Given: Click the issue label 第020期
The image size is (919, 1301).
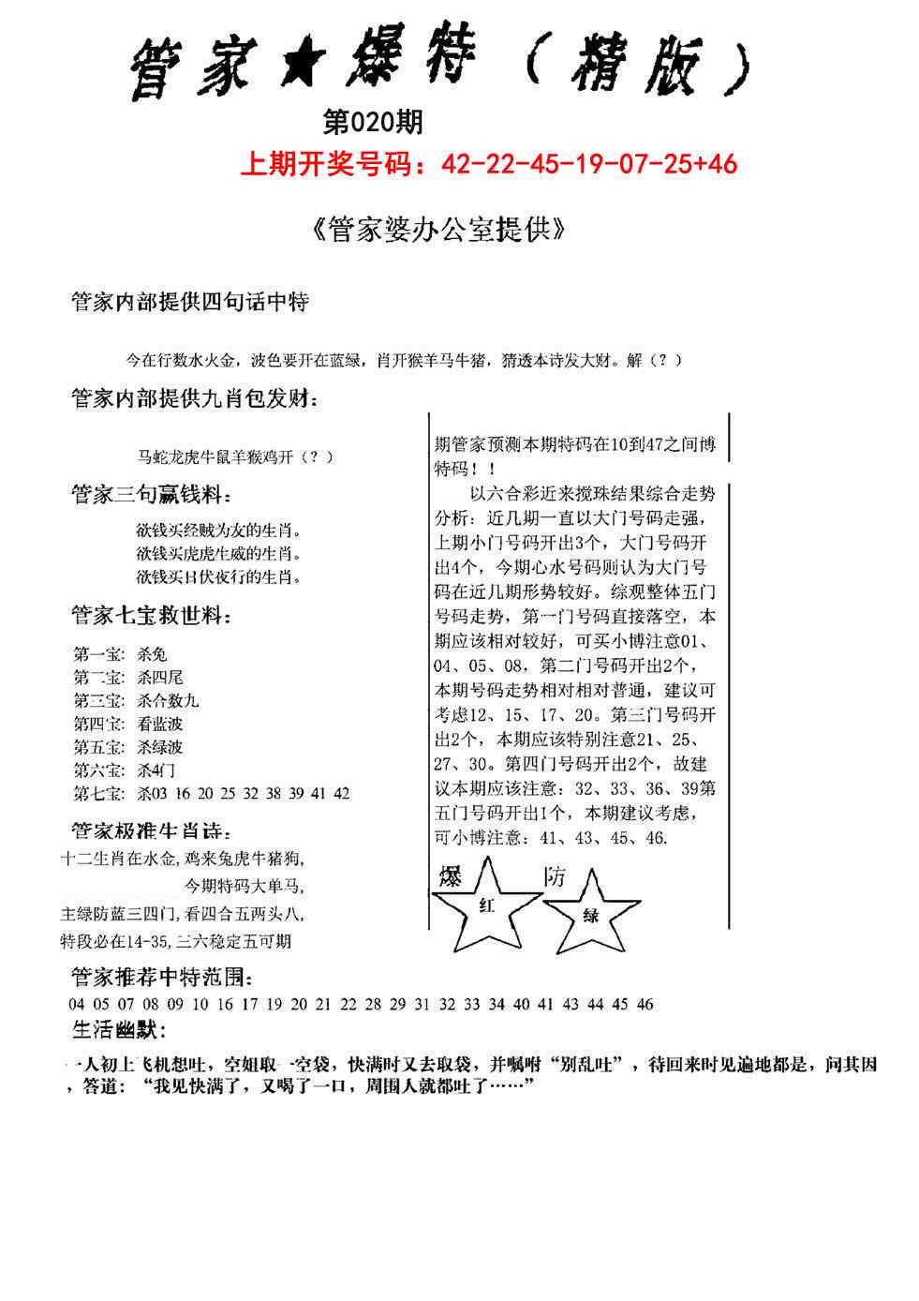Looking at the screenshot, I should pos(372,122).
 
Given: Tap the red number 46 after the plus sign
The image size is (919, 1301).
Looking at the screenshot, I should pos(722,165).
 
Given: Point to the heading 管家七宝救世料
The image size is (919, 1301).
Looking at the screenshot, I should pos(151,616).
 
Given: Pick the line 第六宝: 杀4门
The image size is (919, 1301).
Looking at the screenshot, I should pos(124,770).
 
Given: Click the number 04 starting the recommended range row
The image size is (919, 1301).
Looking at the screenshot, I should pos(77,1005).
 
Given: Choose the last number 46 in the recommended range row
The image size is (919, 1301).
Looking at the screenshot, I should pos(645,1005).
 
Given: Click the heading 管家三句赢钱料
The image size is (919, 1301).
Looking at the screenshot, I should pos(151,495).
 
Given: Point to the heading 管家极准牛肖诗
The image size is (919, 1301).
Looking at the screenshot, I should pos(151,831).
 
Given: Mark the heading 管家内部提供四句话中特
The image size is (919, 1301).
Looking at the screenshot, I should pos(190,303).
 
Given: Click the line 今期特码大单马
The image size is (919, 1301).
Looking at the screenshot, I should pos(243,885).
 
